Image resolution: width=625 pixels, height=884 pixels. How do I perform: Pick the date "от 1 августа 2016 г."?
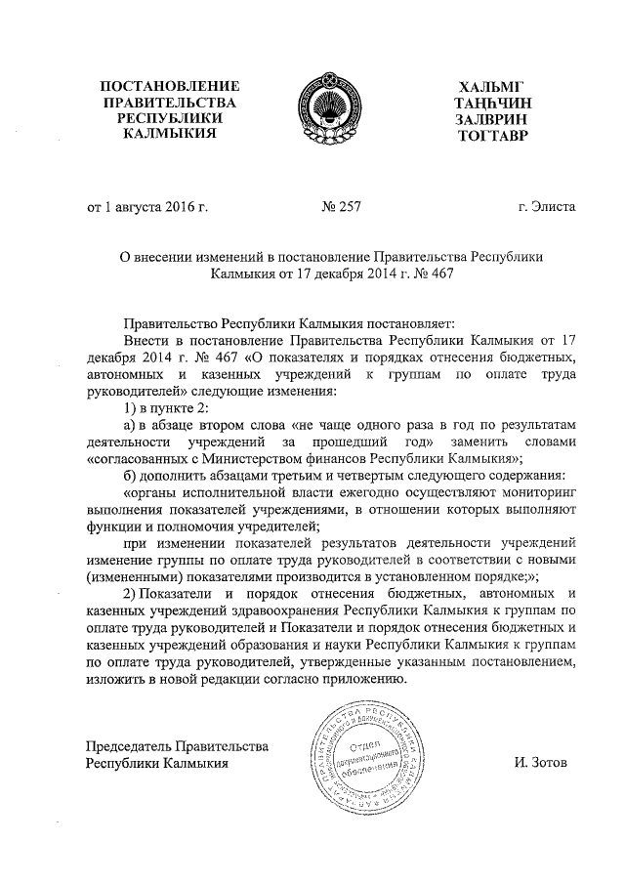(148, 207)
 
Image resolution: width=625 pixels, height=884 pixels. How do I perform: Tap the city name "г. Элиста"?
(547, 207)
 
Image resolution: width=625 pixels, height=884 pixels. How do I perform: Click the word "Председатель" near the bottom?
(131, 746)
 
